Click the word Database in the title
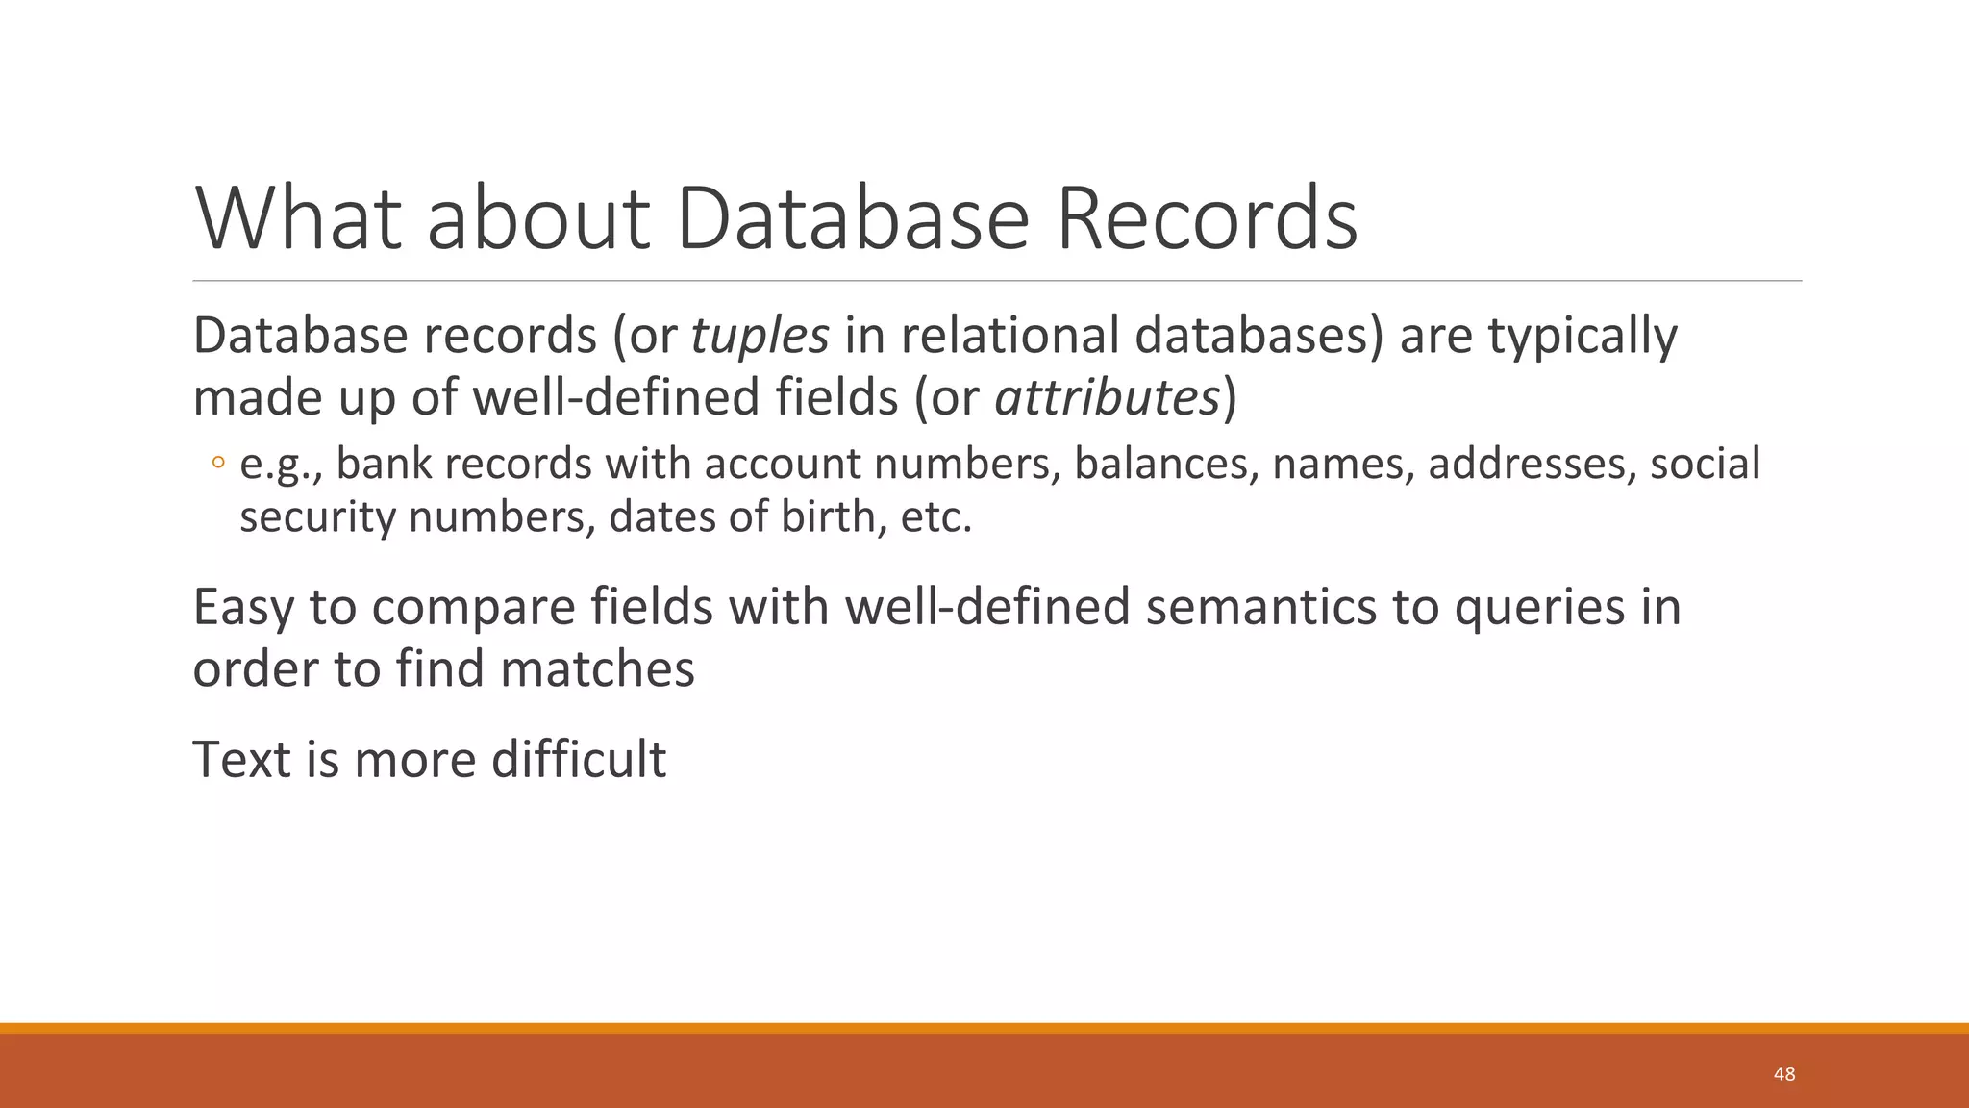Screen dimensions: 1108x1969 852,218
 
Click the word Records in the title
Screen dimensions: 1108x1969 1207,218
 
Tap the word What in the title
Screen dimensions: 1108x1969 297,218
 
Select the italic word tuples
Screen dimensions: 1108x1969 760,336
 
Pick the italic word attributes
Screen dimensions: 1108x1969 1107,397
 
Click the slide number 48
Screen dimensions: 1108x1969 1783,1074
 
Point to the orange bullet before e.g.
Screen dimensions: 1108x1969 217,465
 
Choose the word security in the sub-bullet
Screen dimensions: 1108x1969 317,517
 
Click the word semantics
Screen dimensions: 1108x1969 1260,607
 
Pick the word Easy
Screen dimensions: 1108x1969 243,607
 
